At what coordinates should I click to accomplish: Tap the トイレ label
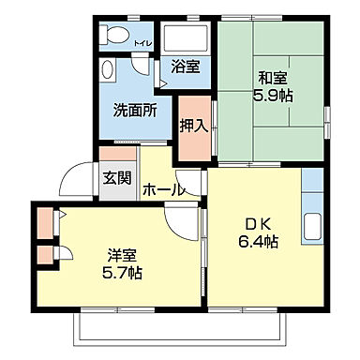[x=142, y=44]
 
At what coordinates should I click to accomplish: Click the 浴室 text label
[x=185, y=67]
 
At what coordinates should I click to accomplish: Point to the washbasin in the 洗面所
[x=107, y=71]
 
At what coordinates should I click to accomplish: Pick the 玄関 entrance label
[x=117, y=178]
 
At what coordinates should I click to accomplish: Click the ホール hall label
[x=162, y=190]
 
